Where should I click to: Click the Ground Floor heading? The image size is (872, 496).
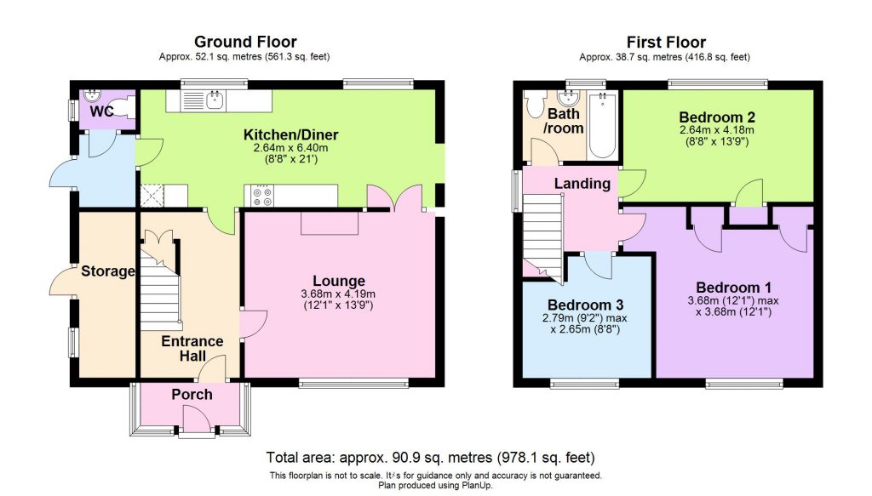[245, 42]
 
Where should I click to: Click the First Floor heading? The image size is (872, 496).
[666, 42]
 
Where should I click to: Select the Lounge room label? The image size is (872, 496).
[338, 281]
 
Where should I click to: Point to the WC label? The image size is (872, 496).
[102, 111]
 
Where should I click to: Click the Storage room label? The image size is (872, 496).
[108, 272]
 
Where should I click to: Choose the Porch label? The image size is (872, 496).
[192, 395]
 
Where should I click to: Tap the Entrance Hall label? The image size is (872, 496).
[192, 348]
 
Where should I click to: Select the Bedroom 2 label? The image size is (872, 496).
[717, 117]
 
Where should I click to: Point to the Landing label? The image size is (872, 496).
[582, 184]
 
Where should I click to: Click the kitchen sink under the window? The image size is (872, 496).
[215, 101]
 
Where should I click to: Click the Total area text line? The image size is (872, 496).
[436, 456]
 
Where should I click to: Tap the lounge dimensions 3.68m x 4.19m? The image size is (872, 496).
[338, 294]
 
